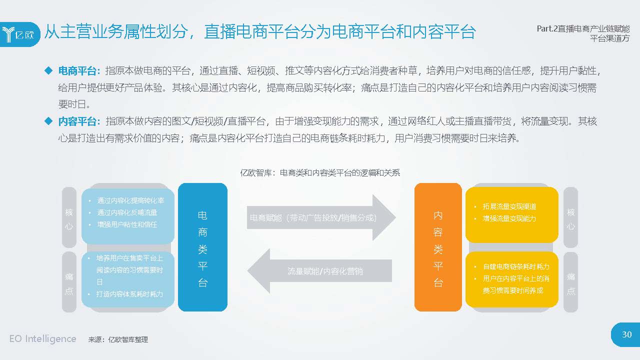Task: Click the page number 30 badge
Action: (626, 334)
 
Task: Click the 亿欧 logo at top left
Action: (19, 34)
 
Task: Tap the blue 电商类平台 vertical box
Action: (202, 247)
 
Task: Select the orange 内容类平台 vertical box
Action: (438, 247)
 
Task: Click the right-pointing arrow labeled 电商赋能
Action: (320, 218)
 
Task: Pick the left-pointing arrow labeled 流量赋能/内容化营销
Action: (320, 271)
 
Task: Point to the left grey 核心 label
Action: (69, 218)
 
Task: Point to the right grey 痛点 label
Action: (570, 283)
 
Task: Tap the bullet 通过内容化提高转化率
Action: (130, 200)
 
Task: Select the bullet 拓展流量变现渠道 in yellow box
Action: (509, 206)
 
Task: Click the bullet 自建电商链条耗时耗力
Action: (515, 266)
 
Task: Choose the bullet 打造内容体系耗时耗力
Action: (129, 294)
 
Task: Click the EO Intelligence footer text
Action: (42, 339)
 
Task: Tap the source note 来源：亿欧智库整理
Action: (118, 339)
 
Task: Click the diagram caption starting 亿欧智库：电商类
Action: (320, 173)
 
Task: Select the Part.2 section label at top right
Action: (583, 33)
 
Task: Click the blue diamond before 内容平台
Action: (48, 121)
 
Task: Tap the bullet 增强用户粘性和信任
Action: (127, 224)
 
